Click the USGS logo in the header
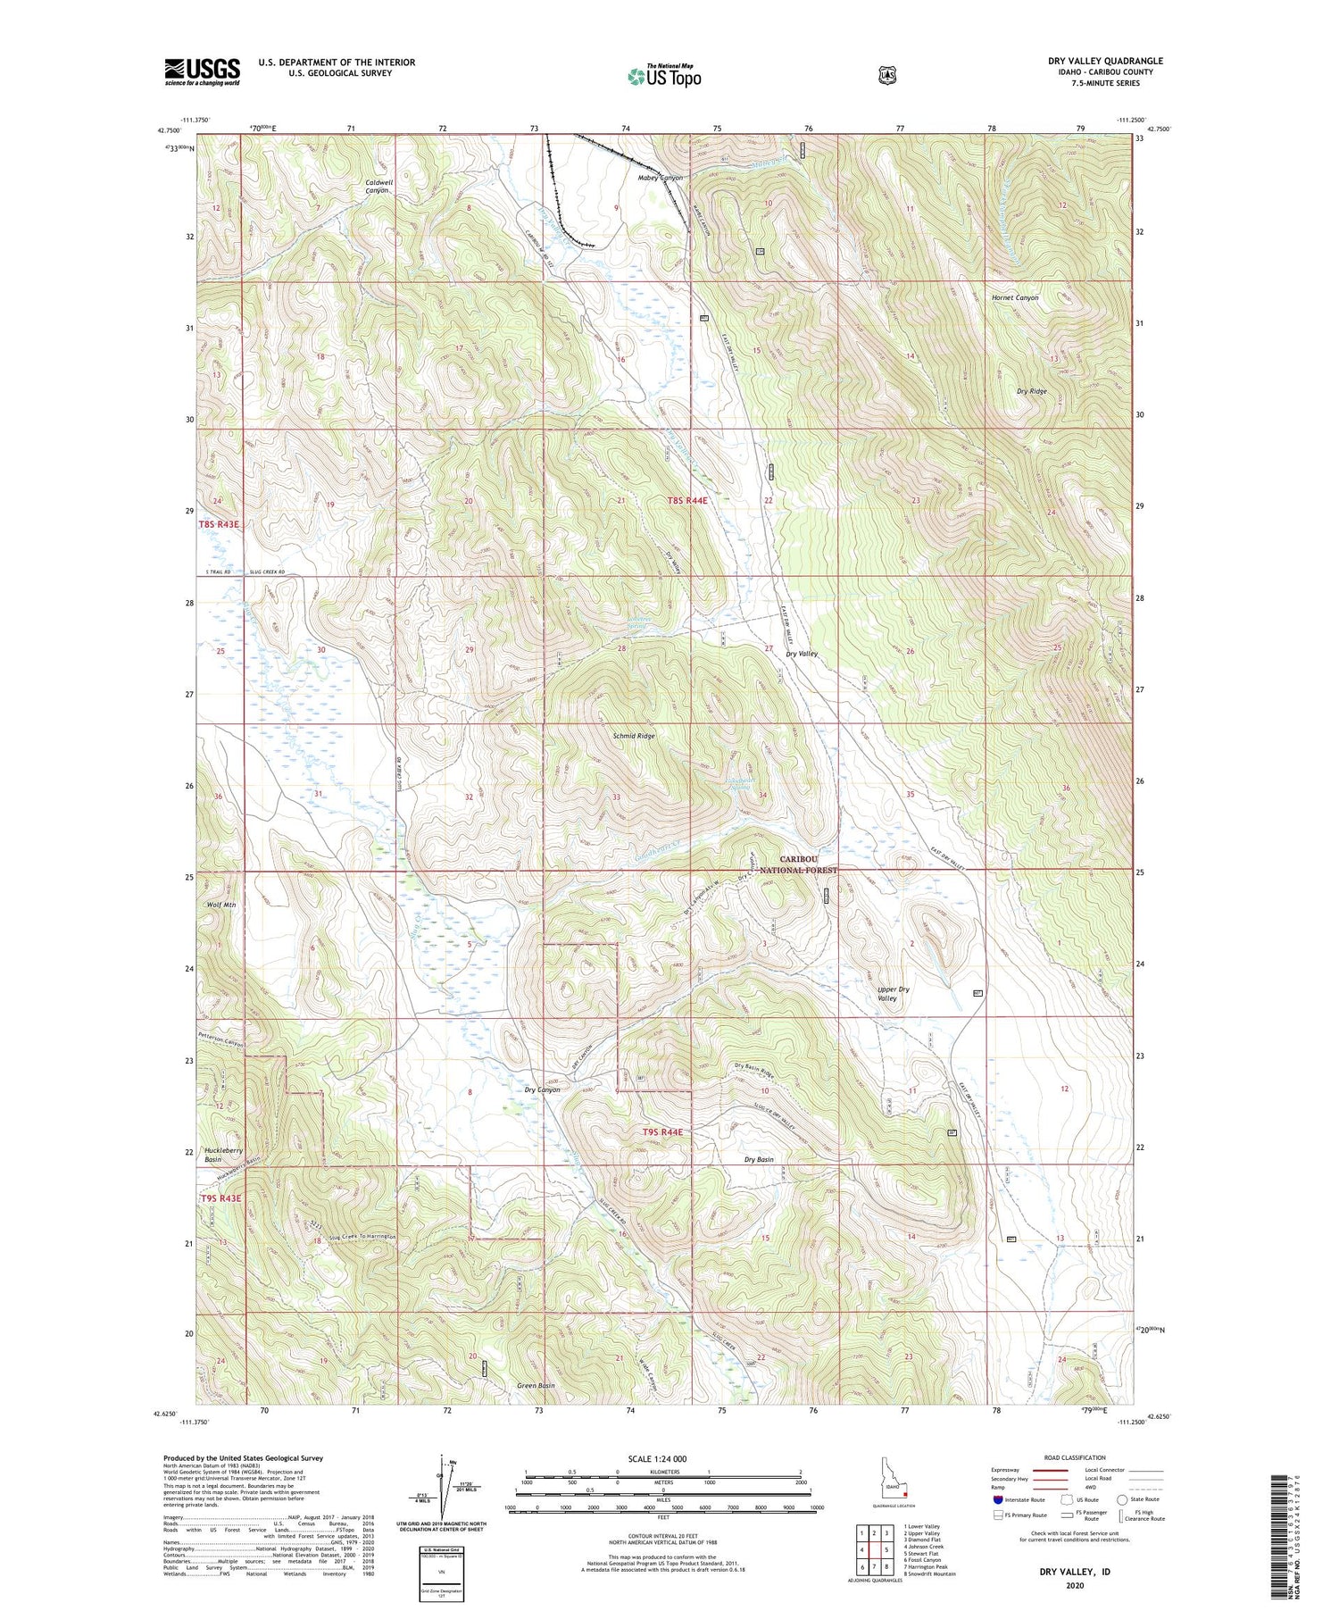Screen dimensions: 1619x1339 (x=202, y=71)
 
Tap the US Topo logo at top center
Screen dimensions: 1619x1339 (x=664, y=76)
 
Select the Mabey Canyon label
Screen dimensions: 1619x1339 (x=660, y=178)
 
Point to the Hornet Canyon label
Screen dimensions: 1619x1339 (x=1015, y=297)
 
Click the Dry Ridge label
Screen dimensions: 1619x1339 (x=1032, y=391)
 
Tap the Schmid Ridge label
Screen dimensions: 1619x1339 (x=634, y=736)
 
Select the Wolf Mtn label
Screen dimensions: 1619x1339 (x=220, y=905)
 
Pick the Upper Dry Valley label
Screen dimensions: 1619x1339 (x=892, y=994)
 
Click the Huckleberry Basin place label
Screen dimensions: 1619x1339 (x=223, y=1155)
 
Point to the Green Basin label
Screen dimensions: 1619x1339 (x=536, y=1385)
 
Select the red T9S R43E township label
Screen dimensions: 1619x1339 (x=220, y=1198)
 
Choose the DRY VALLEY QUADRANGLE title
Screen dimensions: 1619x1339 (x=1105, y=61)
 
